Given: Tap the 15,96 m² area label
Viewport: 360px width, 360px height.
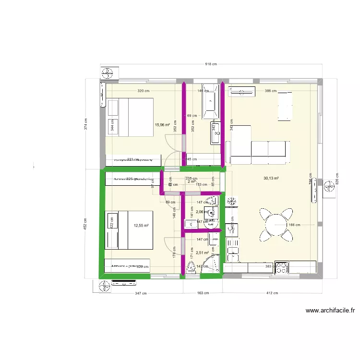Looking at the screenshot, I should tap(162, 125).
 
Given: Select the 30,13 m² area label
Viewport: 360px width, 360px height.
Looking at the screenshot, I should tap(271, 178).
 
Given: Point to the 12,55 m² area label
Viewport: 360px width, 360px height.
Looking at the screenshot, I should tap(141, 225).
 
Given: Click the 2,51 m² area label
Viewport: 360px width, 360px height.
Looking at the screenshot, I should tap(202, 252).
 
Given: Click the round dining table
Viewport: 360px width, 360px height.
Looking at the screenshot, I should tap(276, 225).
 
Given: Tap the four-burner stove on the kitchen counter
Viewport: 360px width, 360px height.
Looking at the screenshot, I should tap(281, 267).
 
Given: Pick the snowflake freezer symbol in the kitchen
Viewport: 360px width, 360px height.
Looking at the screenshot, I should tap(231, 199).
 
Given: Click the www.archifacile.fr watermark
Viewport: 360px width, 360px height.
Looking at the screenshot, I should tap(330, 311).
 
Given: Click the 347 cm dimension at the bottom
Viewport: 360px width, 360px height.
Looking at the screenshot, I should tap(141, 292).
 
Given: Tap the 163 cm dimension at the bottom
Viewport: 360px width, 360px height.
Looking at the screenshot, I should tap(203, 292).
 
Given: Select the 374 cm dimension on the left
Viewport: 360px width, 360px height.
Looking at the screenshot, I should tap(85, 124).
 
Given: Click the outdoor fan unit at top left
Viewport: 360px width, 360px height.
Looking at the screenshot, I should tap(107, 73).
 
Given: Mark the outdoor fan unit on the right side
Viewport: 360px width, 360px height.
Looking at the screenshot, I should tap(330, 187).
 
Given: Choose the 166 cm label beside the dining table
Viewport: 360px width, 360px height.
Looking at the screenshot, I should tap(294, 225).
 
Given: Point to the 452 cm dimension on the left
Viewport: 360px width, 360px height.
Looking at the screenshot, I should tap(85, 224).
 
